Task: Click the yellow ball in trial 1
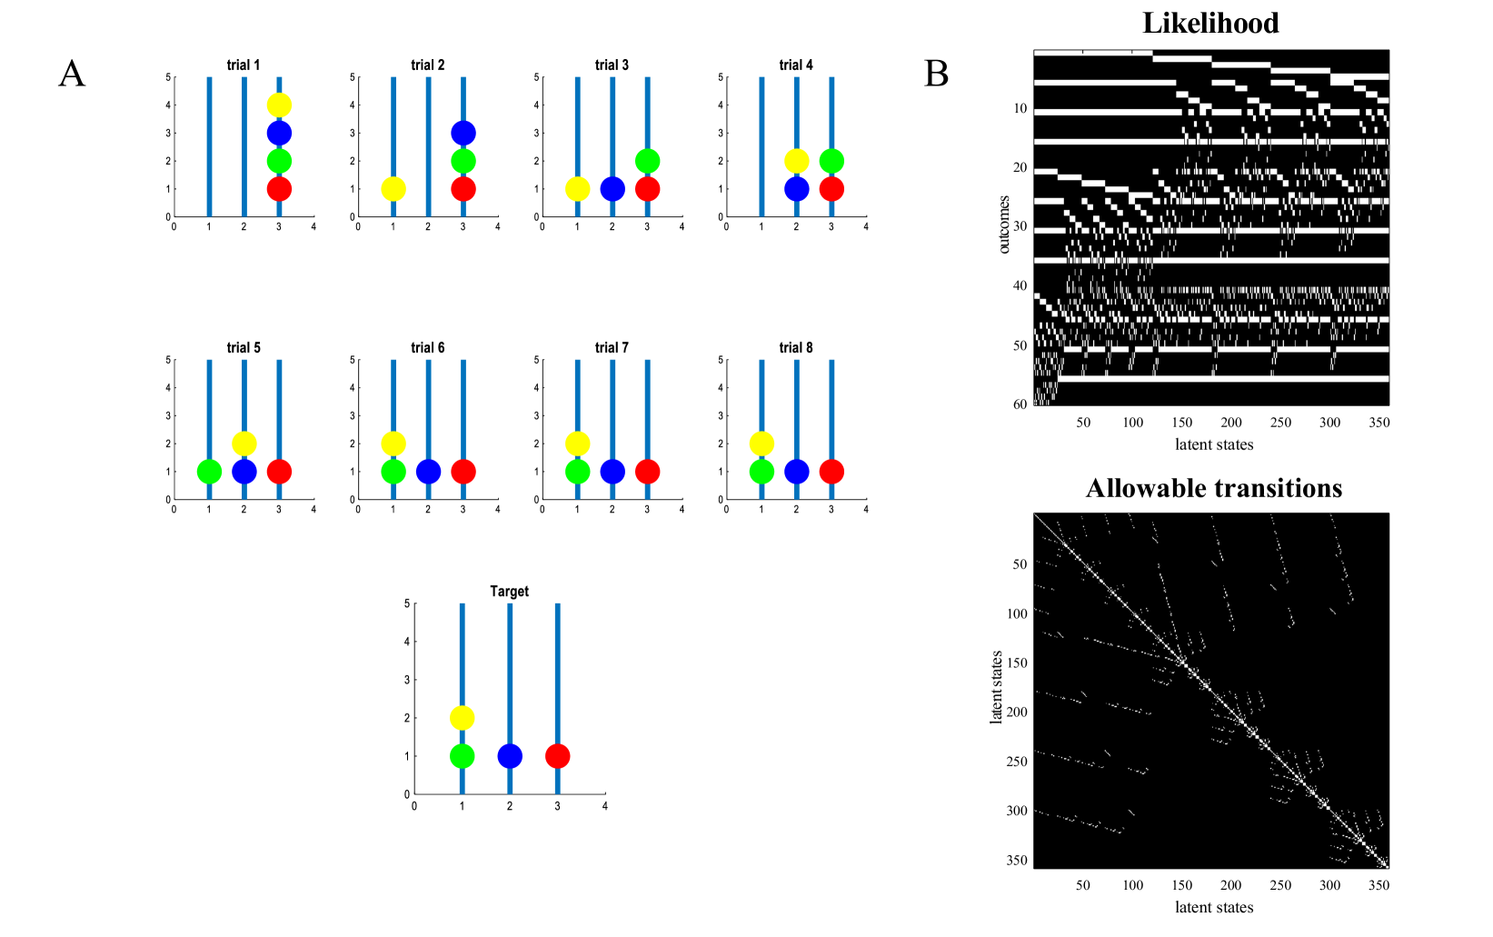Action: click(279, 105)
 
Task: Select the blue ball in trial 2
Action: click(463, 134)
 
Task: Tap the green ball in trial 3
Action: click(647, 161)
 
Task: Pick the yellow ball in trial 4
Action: click(796, 161)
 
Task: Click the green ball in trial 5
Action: click(209, 472)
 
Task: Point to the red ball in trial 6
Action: click(463, 472)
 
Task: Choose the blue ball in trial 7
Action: click(612, 472)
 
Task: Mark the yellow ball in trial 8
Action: click(761, 444)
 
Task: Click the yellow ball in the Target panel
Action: click(462, 718)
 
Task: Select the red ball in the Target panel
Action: click(557, 756)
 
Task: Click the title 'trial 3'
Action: click(612, 65)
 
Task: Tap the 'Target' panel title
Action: click(509, 592)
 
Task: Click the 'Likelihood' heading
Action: click(1210, 23)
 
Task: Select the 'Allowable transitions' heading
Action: click(1213, 488)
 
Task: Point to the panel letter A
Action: click(72, 74)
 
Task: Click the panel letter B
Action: click(936, 74)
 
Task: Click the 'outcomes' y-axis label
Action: click(1004, 224)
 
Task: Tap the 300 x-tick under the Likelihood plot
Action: click(1329, 423)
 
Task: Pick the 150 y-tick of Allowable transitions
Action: click(1016, 663)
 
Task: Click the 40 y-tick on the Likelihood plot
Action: click(1020, 285)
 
